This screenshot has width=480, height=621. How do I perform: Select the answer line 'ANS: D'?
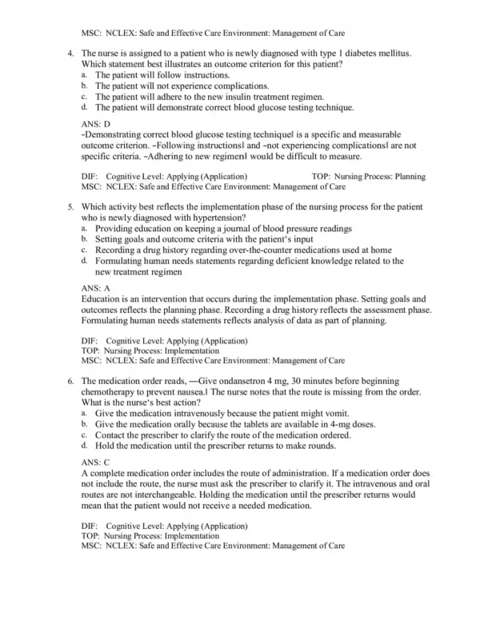pos(96,124)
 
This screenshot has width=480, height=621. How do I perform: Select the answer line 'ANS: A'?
pos(96,286)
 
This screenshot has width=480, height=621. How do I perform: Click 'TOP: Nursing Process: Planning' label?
pos(366,175)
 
